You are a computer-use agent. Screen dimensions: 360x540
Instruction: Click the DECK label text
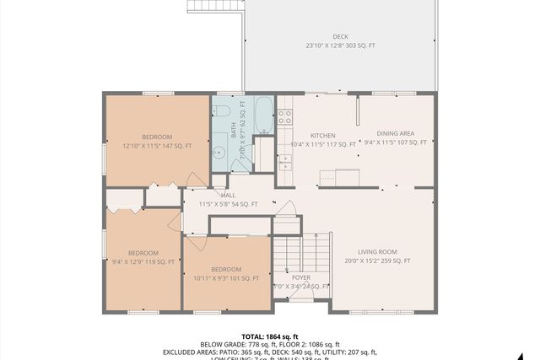pos(340,36)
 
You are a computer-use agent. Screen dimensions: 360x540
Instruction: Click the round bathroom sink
pos(219,153)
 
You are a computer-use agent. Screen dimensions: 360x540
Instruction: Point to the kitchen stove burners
pos(285,116)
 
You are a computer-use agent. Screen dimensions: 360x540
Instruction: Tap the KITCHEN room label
pos(322,135)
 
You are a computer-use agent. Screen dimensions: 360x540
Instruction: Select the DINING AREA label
pos(395,133)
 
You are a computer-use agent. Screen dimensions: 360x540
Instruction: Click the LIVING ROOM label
pos(377,251)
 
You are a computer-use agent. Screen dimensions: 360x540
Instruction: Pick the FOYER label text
pos(301,277)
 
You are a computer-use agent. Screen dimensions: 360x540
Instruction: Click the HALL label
pos(228,195)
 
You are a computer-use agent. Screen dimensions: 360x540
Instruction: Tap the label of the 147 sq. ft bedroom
pos(157,137)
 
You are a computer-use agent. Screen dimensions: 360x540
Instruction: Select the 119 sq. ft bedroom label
pos(143,252)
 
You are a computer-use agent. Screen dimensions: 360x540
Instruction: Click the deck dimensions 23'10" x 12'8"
pos(340,46)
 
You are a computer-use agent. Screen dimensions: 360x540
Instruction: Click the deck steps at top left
pos(205,7)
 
